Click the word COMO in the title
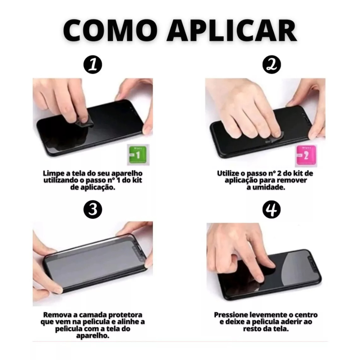pos(108,31)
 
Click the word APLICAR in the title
pos(232,31)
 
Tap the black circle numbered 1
pos(93,65)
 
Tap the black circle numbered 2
pos(272,65)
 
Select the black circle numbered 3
pos(93,210)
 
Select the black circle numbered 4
pos(272,210)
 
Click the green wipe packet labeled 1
pos(138,155)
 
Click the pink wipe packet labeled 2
pos(306,156)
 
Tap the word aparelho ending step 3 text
pos(93,336)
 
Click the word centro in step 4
pos(306,315)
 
